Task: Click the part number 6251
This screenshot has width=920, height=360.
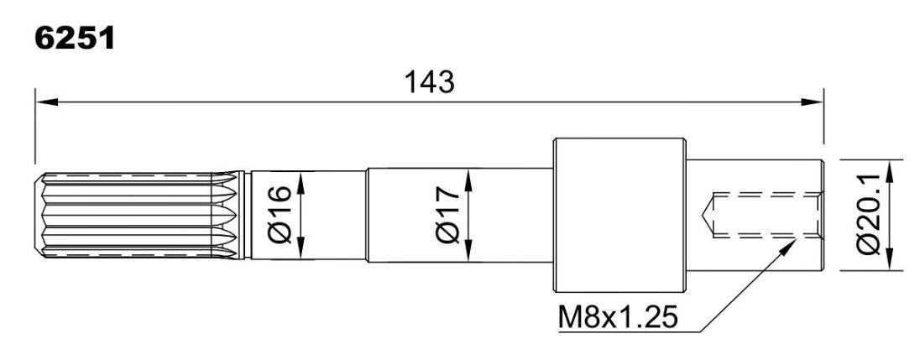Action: point(75,39)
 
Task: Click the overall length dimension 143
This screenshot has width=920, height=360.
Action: point(430,83)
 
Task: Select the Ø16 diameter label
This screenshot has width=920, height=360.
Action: point(280,215)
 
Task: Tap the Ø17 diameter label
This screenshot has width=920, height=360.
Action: point(448,215)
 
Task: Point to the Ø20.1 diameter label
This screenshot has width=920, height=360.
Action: point(870,215)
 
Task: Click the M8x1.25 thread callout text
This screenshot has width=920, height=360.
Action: point(618,319)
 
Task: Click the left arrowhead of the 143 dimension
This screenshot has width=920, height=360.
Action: point(46,102)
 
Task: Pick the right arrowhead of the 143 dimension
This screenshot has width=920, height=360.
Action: point(813,102)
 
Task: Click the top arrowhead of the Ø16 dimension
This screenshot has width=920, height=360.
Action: point(301,182)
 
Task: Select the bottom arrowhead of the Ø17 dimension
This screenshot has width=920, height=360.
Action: point(468,250)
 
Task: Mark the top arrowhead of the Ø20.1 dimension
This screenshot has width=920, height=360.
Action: point(890,170)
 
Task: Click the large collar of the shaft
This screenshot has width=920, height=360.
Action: point(619,215)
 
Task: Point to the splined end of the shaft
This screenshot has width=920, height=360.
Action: point(139,215)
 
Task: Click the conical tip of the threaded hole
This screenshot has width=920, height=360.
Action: point(707,215)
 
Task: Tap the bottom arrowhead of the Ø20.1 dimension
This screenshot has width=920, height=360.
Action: point(890,260)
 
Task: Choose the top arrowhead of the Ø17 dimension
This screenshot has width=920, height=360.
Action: point(468,180)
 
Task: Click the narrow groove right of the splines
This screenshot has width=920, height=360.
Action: point(248,215)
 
